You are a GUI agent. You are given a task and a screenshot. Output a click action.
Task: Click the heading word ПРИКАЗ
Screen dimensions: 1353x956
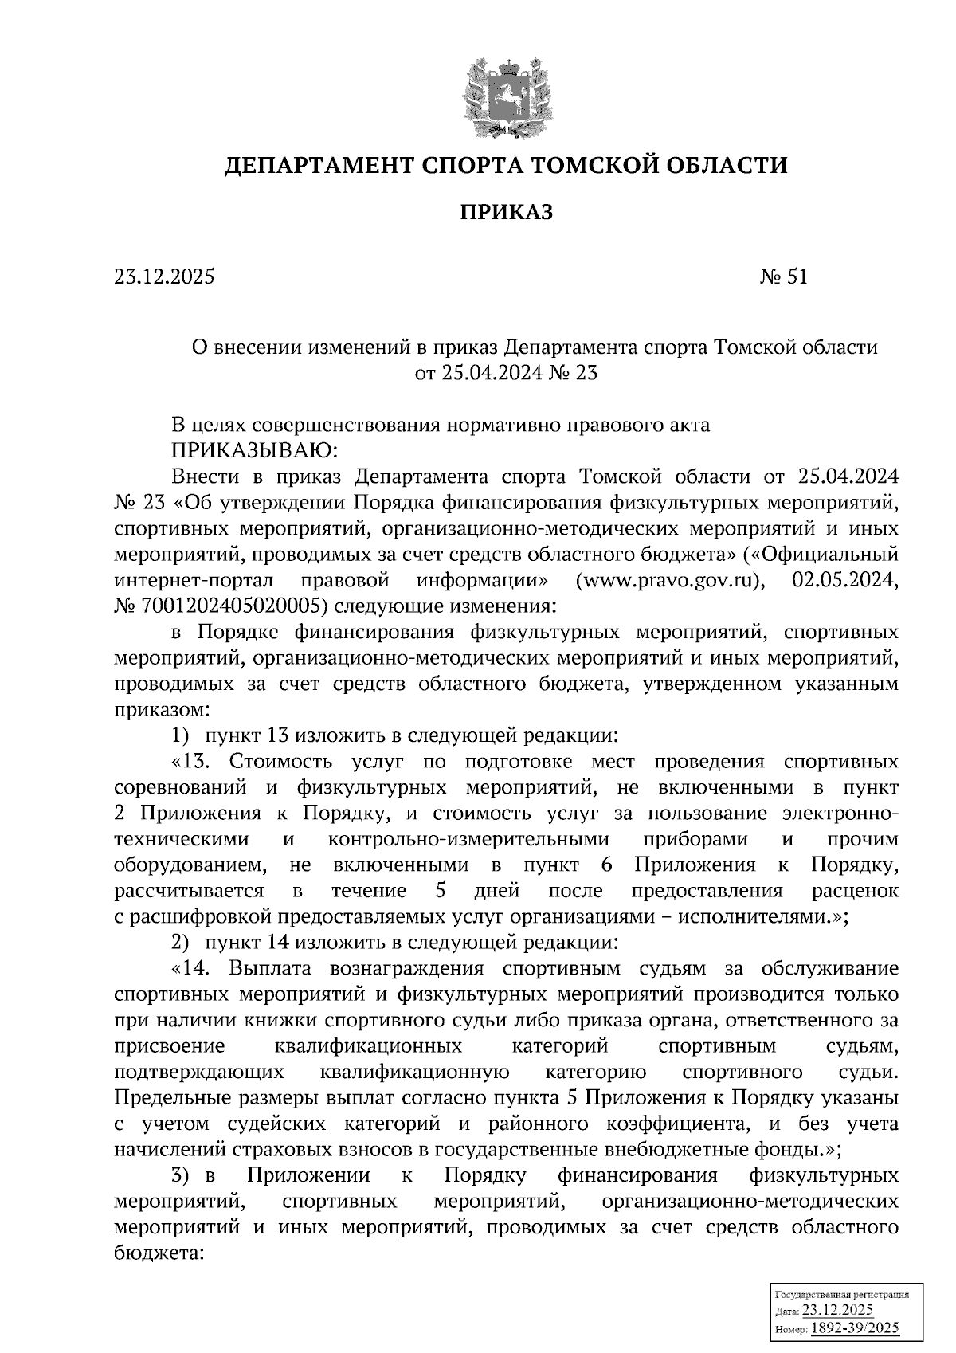click(x=505, y=212)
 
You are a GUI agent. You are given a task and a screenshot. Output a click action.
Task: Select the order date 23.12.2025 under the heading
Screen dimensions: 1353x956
click(x=164, y=277)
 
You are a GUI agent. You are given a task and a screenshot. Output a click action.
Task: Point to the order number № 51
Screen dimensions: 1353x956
click(x=784, y=277)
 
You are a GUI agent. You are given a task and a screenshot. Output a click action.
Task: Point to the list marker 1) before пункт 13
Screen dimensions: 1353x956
click(x=181, y=735)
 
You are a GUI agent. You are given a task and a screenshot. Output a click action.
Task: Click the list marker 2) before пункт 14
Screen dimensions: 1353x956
click(x=181, y=943)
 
